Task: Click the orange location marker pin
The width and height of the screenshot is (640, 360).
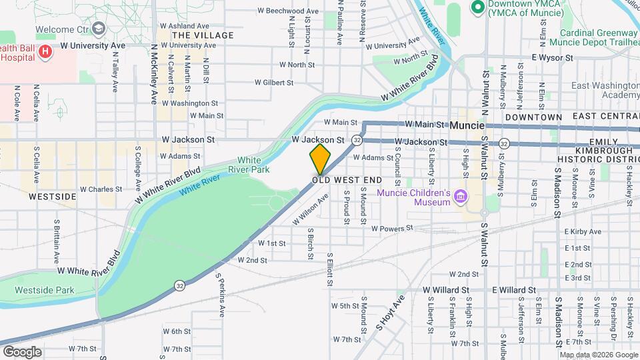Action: [320, 159]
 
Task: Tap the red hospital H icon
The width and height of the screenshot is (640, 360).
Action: [45, 51]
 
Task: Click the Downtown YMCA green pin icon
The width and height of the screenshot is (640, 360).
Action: [477, 7]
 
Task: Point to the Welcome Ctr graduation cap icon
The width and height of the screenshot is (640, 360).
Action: [99, 29]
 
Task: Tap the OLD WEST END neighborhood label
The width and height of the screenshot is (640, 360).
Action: [347, 180]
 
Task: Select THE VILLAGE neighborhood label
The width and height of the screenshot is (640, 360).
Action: [203, 35]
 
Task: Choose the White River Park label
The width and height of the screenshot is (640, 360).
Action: [249, 165]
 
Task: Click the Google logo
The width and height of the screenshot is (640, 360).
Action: [22, 351]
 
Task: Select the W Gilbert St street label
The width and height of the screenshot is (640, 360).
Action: [274, 83]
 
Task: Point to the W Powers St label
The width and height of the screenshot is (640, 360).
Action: [393, 229]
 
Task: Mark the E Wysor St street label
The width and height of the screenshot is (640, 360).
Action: [553, 57]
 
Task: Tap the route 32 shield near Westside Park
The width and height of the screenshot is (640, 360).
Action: [180, 285]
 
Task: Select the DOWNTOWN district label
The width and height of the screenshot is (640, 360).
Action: [533, 117]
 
